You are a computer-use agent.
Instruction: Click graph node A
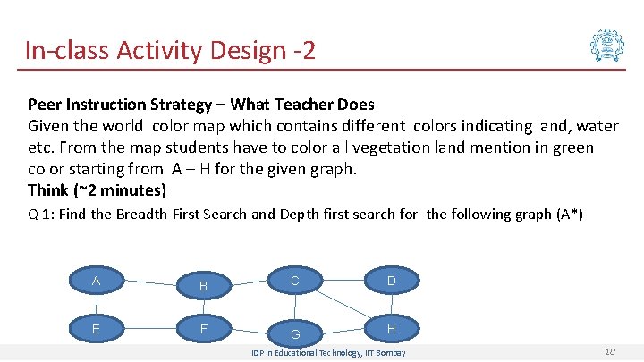[96, 282]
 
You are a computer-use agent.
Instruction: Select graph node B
[203, 285]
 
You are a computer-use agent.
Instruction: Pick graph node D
[391, 282]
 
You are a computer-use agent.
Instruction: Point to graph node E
[96, 329]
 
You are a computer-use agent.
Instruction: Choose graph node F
[203, 329]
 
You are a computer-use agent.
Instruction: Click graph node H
[391, 329]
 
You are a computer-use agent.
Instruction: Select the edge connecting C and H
[344, 306]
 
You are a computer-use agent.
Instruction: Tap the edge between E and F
[149, 327]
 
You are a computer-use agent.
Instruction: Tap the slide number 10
[610, 352]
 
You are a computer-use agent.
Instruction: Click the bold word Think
[48, 189]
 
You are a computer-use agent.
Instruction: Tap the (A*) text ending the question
[569, 215]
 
